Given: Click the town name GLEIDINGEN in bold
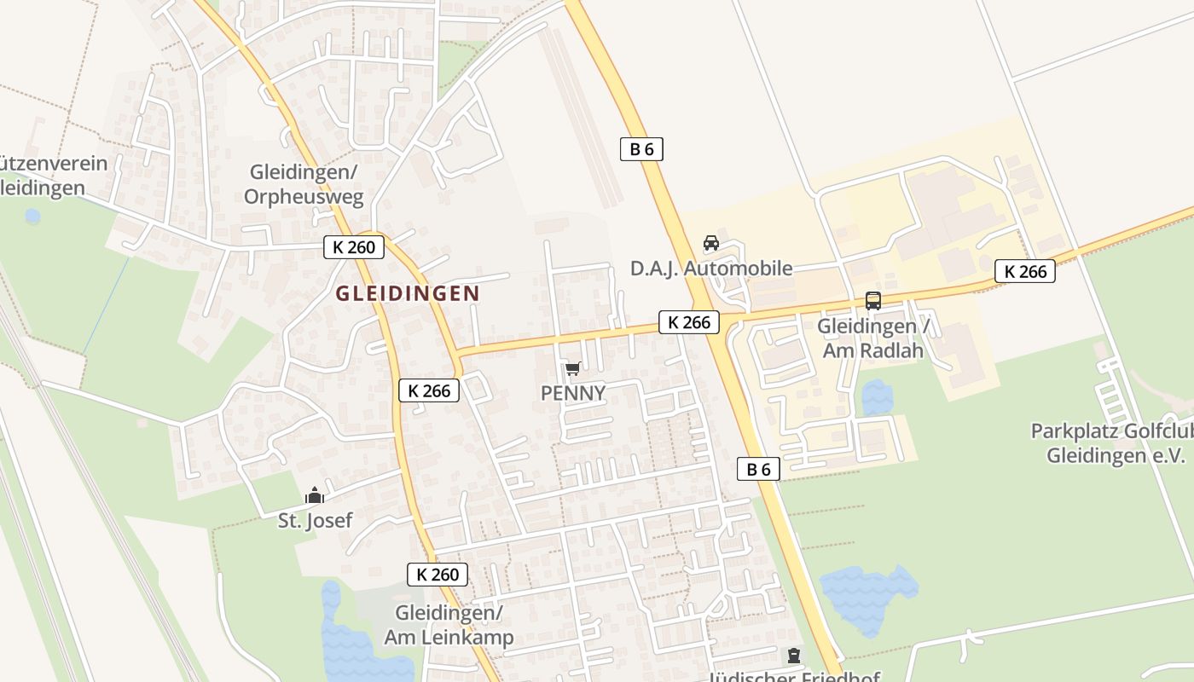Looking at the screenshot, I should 407,293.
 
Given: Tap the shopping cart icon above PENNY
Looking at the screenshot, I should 572,369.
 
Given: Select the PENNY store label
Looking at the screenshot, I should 573,393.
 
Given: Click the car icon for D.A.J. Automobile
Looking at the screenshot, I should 710,243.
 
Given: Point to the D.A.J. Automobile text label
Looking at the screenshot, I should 711,269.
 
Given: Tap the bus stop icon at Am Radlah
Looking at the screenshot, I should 872,301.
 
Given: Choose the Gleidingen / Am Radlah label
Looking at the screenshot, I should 874,338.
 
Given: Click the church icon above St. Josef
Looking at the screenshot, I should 315,495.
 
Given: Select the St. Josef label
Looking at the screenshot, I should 315,520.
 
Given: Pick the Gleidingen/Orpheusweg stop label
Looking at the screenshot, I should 304,184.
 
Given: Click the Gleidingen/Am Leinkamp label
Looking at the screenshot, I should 449,625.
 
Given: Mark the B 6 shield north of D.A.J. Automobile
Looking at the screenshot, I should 641,149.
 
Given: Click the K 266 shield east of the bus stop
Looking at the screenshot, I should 1025,271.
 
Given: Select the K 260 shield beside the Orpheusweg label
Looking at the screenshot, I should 354,247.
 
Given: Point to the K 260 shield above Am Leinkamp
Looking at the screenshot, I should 438,575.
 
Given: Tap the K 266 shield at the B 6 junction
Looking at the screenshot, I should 689,322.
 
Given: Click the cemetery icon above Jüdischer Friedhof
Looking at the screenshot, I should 794,656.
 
